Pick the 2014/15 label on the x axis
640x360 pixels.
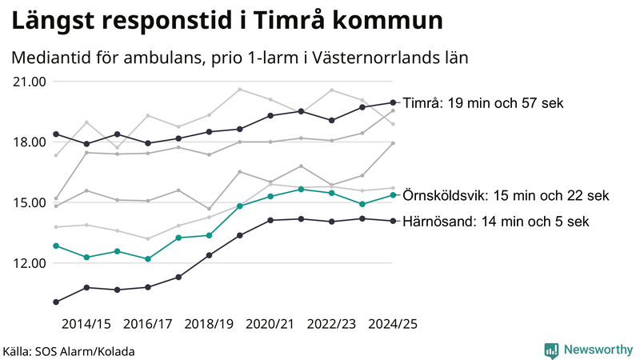[x=86, y=324]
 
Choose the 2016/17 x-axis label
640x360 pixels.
[x=148, y=324]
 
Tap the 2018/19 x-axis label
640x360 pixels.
[x=209, y=324]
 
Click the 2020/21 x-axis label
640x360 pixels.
[x=270, y=324]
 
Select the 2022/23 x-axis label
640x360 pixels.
[x=332, y=324]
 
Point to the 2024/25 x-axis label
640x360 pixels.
[x=393, y=324]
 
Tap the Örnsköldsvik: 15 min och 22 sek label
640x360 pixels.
[x=506, y=195]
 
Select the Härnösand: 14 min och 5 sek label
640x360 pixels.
[x=496, y=222]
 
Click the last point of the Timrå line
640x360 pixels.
[x=393, y=102]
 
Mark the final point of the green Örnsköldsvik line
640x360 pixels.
[x=393, y=195]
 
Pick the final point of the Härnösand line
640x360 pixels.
[x=393, y=221]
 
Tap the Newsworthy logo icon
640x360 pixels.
[x=551, y=350]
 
